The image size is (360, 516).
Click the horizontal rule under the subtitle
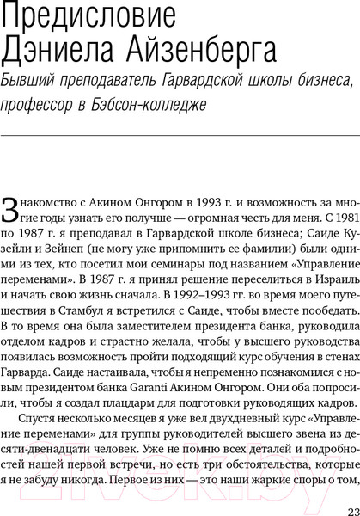point(180,135)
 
